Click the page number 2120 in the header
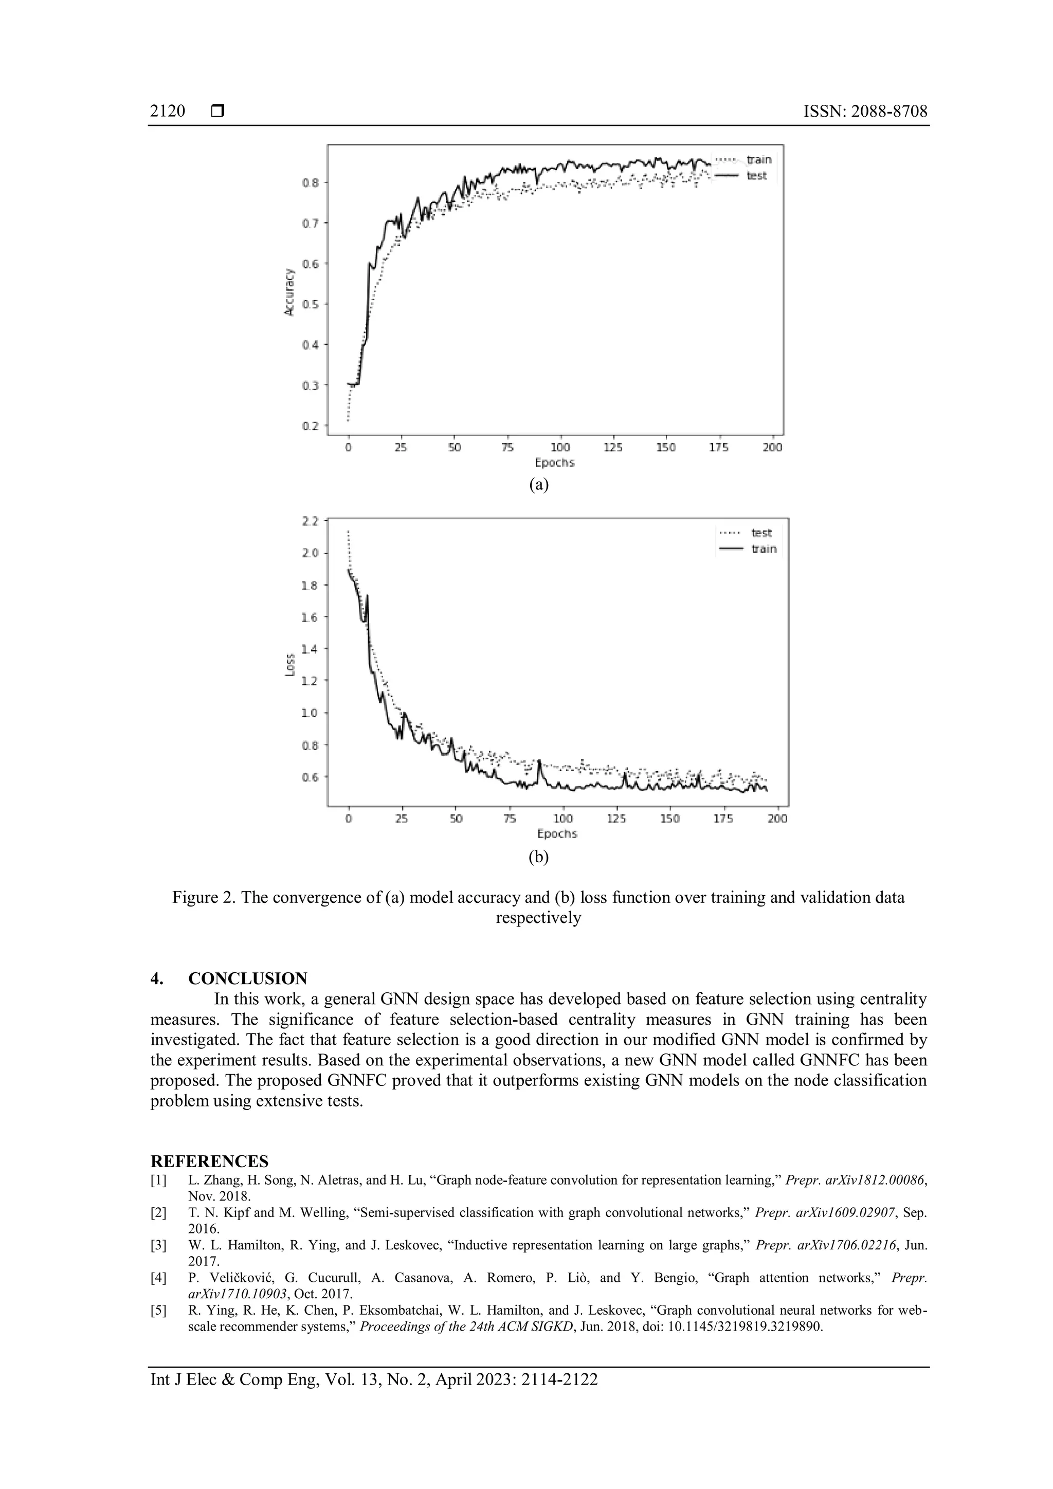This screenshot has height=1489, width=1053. pyautogui.click(x=167, y=112)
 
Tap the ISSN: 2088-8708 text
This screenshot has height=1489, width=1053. pyautogui.click(x=865, y=112)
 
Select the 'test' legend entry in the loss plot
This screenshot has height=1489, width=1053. pyautogui.click(x=761, y=533)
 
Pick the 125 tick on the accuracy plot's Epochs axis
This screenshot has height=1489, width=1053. pyautogui.click(x=613, y=447)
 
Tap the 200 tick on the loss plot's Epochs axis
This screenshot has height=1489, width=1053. pyautogui.click(x=777, y=819)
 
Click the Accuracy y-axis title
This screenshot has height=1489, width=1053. pyautogui.click(x=289, y=293)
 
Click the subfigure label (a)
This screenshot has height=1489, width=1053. pyautogui.click(x=539, y=484)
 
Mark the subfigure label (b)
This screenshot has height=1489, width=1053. pyautogui.click(x=538, y=857)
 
